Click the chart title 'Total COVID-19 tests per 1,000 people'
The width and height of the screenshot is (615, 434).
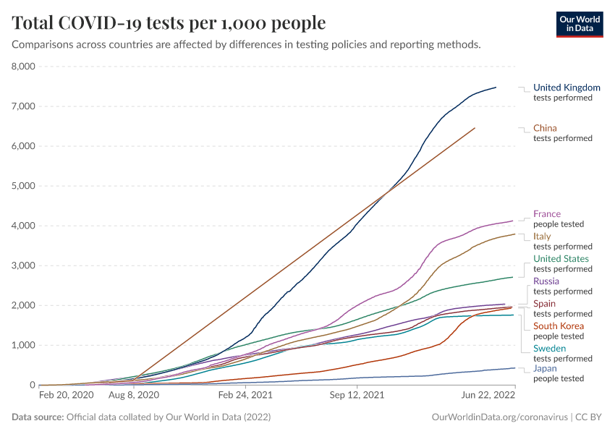coord(169,23)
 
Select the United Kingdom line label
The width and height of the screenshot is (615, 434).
coord(567,88)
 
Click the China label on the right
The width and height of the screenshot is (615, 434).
coord(545,128)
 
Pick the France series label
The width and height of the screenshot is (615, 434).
coord(546,214)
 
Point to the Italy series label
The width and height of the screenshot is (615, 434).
coord(542,237)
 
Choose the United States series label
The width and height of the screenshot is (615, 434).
coord(561,259)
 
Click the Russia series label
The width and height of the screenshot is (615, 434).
coord(546,281)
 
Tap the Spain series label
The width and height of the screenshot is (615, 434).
coord(544,304)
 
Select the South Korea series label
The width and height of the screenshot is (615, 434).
coord(558,326)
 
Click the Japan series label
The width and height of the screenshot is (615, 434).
coord(545,368)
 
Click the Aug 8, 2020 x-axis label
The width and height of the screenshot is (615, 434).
coord(133,396)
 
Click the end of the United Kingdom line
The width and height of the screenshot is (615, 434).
coord(496,88)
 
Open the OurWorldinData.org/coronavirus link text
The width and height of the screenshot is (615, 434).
coord(498,417)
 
